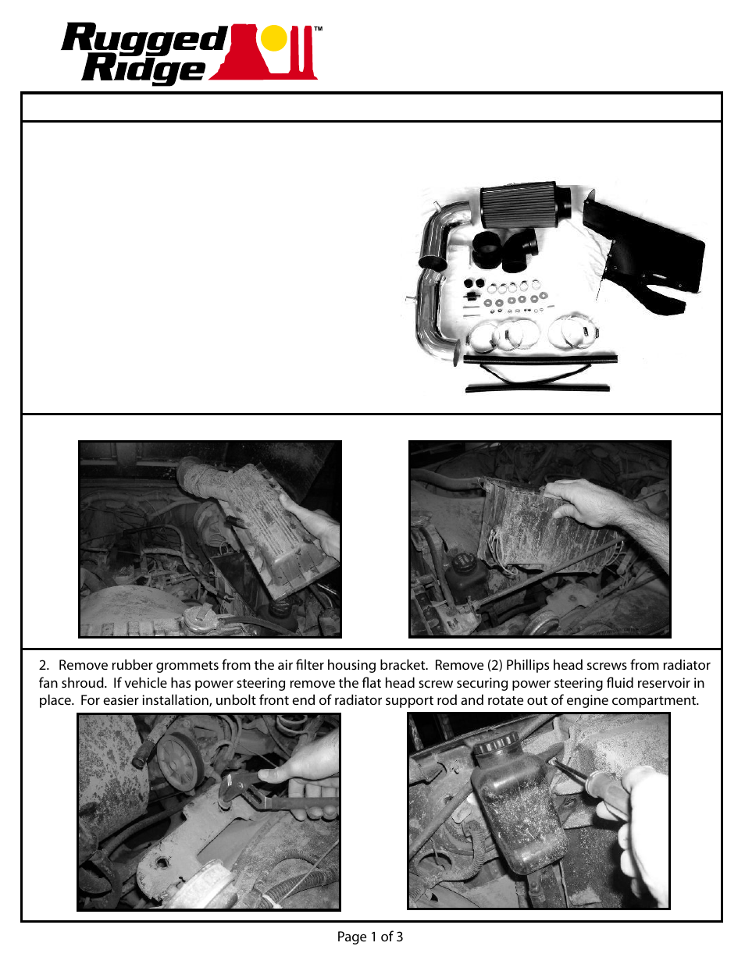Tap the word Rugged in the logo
click(144, 39)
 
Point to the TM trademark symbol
click(318, 30)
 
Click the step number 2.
click(44, 666)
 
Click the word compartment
click(658, 700)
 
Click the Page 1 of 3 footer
click(370, 937)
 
